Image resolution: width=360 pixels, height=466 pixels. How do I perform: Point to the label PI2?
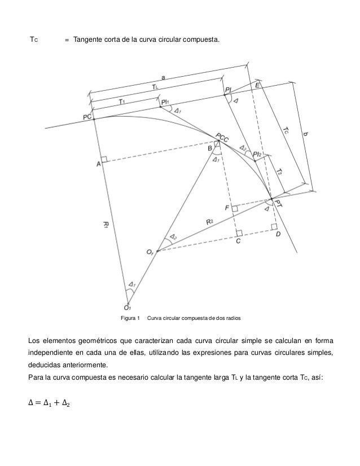click(257, 154)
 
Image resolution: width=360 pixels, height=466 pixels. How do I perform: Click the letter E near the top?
click(257, 85)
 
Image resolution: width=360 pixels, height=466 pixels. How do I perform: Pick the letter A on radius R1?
click(98, 164)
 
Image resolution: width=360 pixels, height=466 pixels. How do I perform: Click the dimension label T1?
click(122, 102)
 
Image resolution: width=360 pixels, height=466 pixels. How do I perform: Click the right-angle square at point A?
click(104, 160)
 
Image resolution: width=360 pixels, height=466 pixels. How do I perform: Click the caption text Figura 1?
click(130, 319)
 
